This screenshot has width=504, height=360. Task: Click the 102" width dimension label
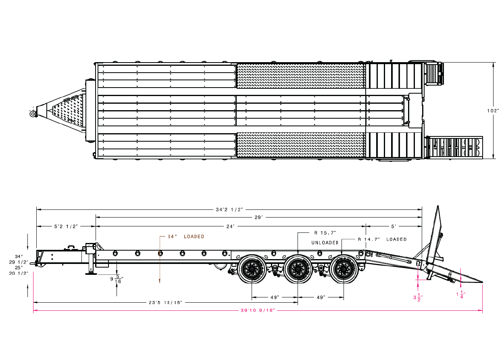pyautogui.click(x=493, y=110)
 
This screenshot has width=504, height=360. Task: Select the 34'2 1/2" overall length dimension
pyautogui.click(x=229, y=209)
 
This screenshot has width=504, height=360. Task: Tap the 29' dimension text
pyautogui.click(x=258, y=217)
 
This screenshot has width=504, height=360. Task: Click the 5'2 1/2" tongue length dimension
pyautogui.click(x=66, y=226)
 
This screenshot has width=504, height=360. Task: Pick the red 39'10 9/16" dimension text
pyautogui.click(x=258, y=310)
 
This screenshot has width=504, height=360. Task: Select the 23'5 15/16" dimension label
pyautogui.click(x=166, y=302)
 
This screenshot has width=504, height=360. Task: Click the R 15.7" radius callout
pyautogui.click(x=325, y=233)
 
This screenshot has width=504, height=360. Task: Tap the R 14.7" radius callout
pyautogui.click(x=369, y=239)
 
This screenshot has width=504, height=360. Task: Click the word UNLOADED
pyautogui.click(x=325, y=243)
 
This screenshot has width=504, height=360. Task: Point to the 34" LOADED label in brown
pyautogui.click(x=186, y=237)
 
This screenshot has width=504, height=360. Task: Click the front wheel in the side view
pyautogui.click(x=252, y=269)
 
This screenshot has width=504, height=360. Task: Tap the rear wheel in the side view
pyautogui.click(x=344, y=269)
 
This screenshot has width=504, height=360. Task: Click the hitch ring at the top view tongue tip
pyautogui.click(x=33, y=114)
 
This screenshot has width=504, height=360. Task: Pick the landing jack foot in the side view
pyautogui.click(x=91, y=274)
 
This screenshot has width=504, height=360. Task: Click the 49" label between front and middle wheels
pyautogui.click(x=275, y=297)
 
